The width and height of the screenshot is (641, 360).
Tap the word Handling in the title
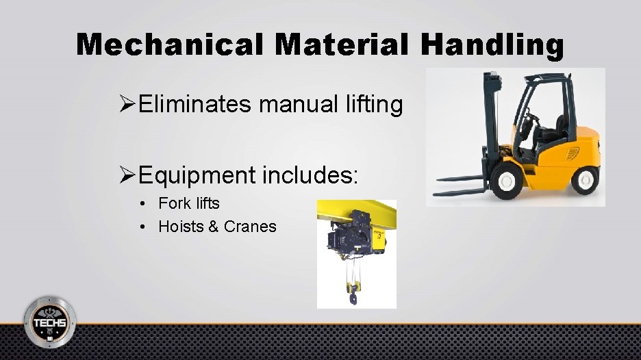pyautogui.click(x=492, y=44)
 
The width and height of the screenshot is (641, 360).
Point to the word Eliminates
pyautogui.click(x=194, y=105)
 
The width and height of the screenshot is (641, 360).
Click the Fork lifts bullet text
pyautogui.click(x=189, y=203)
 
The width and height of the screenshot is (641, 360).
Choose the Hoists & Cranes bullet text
pyautogui.click(x=217, y=227)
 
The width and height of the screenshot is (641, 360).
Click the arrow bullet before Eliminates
pyautogui.click(x=126, y=105)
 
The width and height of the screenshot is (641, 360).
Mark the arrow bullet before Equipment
pyautogui.click(x=126, y=176)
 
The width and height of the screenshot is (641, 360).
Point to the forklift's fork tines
pyautogui.click(x=466, y=184)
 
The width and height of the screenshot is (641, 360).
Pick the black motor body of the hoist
pyautogui.click(x=342, y=240)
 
